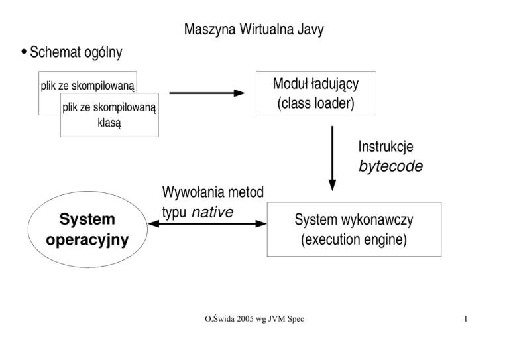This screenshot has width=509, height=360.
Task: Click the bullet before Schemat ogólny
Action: tap(23, 52)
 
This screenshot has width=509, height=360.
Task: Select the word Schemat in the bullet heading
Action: tap(54, 52)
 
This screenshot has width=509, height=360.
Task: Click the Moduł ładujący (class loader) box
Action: tap(316, 93)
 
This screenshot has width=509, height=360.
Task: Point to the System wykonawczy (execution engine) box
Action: tap(353, 229)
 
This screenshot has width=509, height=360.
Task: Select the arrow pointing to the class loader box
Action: tap(207, 93)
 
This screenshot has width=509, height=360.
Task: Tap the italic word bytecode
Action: tap(390, 166)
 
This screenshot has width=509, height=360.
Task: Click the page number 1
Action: tap(467, 322)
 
